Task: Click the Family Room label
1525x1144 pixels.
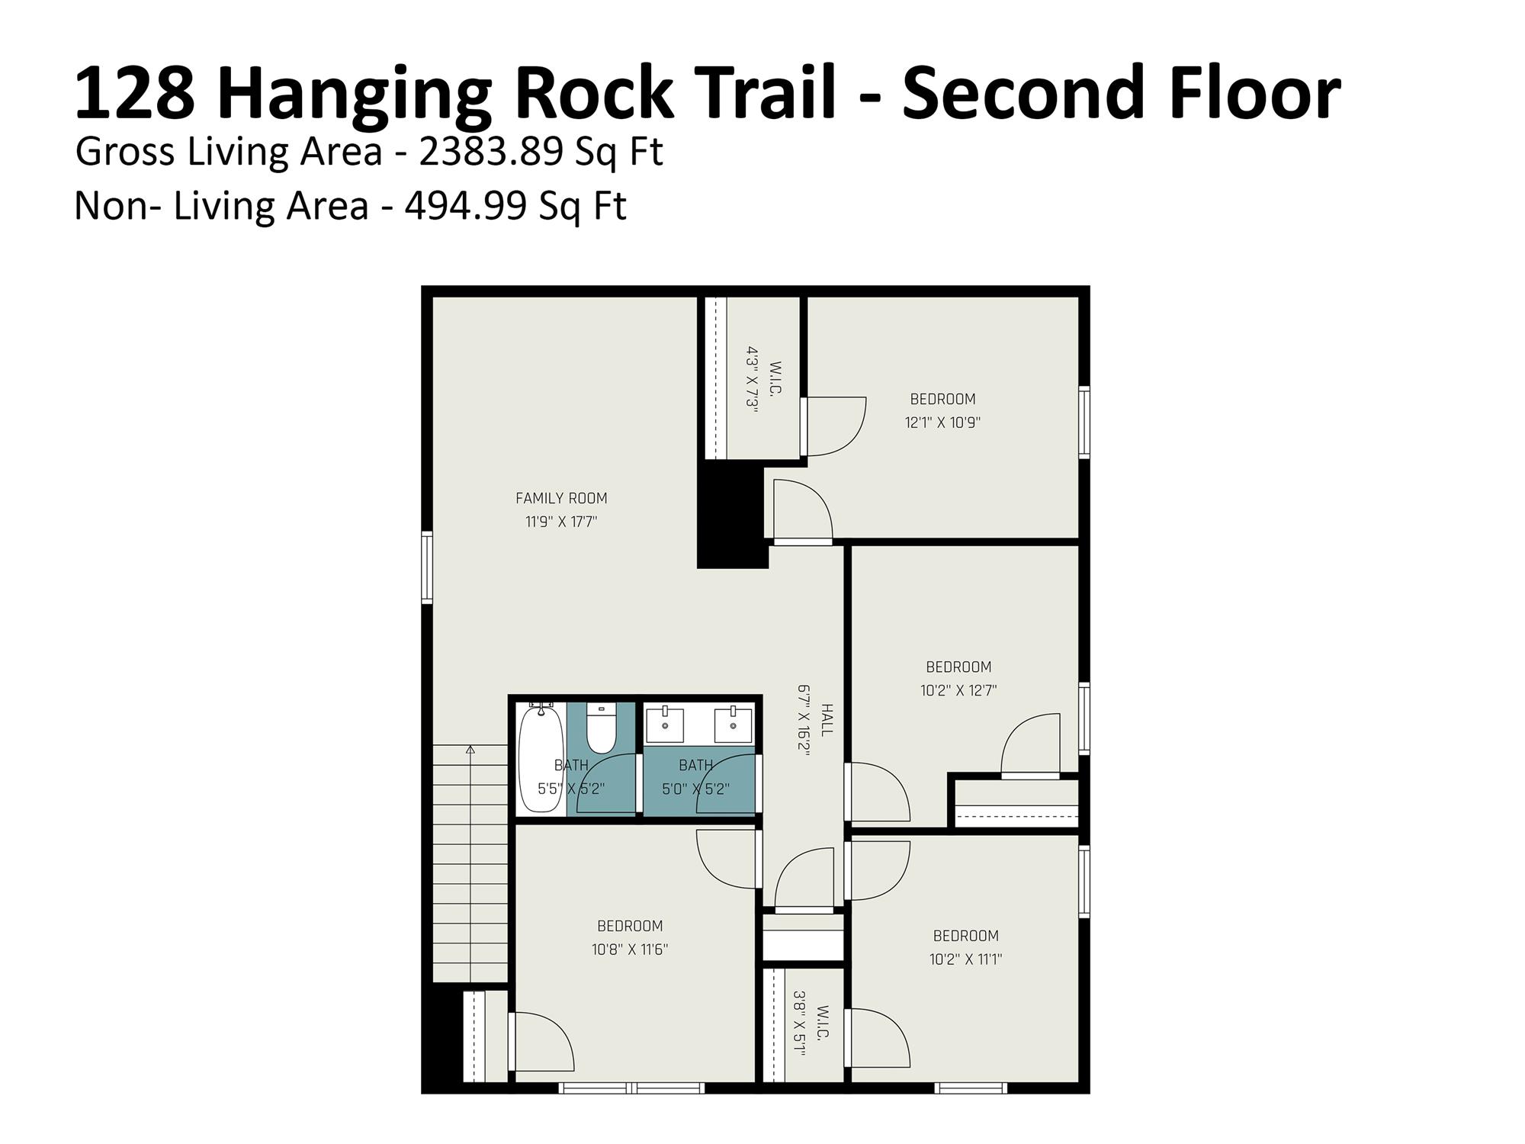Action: pyautogui.click(x=561, y=498)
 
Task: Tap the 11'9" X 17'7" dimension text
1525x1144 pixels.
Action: pyautogui.click(x=561, y=522)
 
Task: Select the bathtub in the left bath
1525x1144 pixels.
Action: pyautogui.click(x=541, y=758)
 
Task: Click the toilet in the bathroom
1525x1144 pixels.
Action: pyautogui.click(x=602, y=728)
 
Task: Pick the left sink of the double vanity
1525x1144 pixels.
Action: pyautogui.click(x=665, y=725)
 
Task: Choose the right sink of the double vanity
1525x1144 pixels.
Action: pyautogui.click(x=734, y=725)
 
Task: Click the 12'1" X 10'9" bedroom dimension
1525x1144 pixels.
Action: pyautogui.click(x=942, y=423)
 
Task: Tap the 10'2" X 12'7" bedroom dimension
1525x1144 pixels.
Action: pyautogui.click(x=958, y=690)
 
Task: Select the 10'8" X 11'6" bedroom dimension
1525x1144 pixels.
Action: pyautogui.click(x=630, y=950)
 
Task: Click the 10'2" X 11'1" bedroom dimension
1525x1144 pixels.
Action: pyautogui.click(x=965, y=959)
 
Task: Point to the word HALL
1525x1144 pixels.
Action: pyautogui.click(x=827, y=720)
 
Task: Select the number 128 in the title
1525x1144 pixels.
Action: pyautogui.click(x=134, y=93)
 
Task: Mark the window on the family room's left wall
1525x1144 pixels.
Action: pyautogui.click(x=427, y=567)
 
